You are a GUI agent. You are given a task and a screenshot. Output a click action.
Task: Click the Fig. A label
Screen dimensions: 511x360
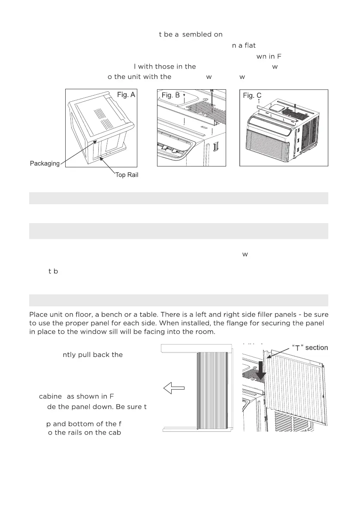126,95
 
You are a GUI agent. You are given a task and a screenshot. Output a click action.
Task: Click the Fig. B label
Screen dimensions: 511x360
170,95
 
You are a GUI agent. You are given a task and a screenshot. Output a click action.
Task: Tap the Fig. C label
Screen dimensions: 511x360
252,95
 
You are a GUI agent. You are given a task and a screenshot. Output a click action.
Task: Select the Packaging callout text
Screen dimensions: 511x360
44,164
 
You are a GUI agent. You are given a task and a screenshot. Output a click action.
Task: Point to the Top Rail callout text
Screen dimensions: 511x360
127,175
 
